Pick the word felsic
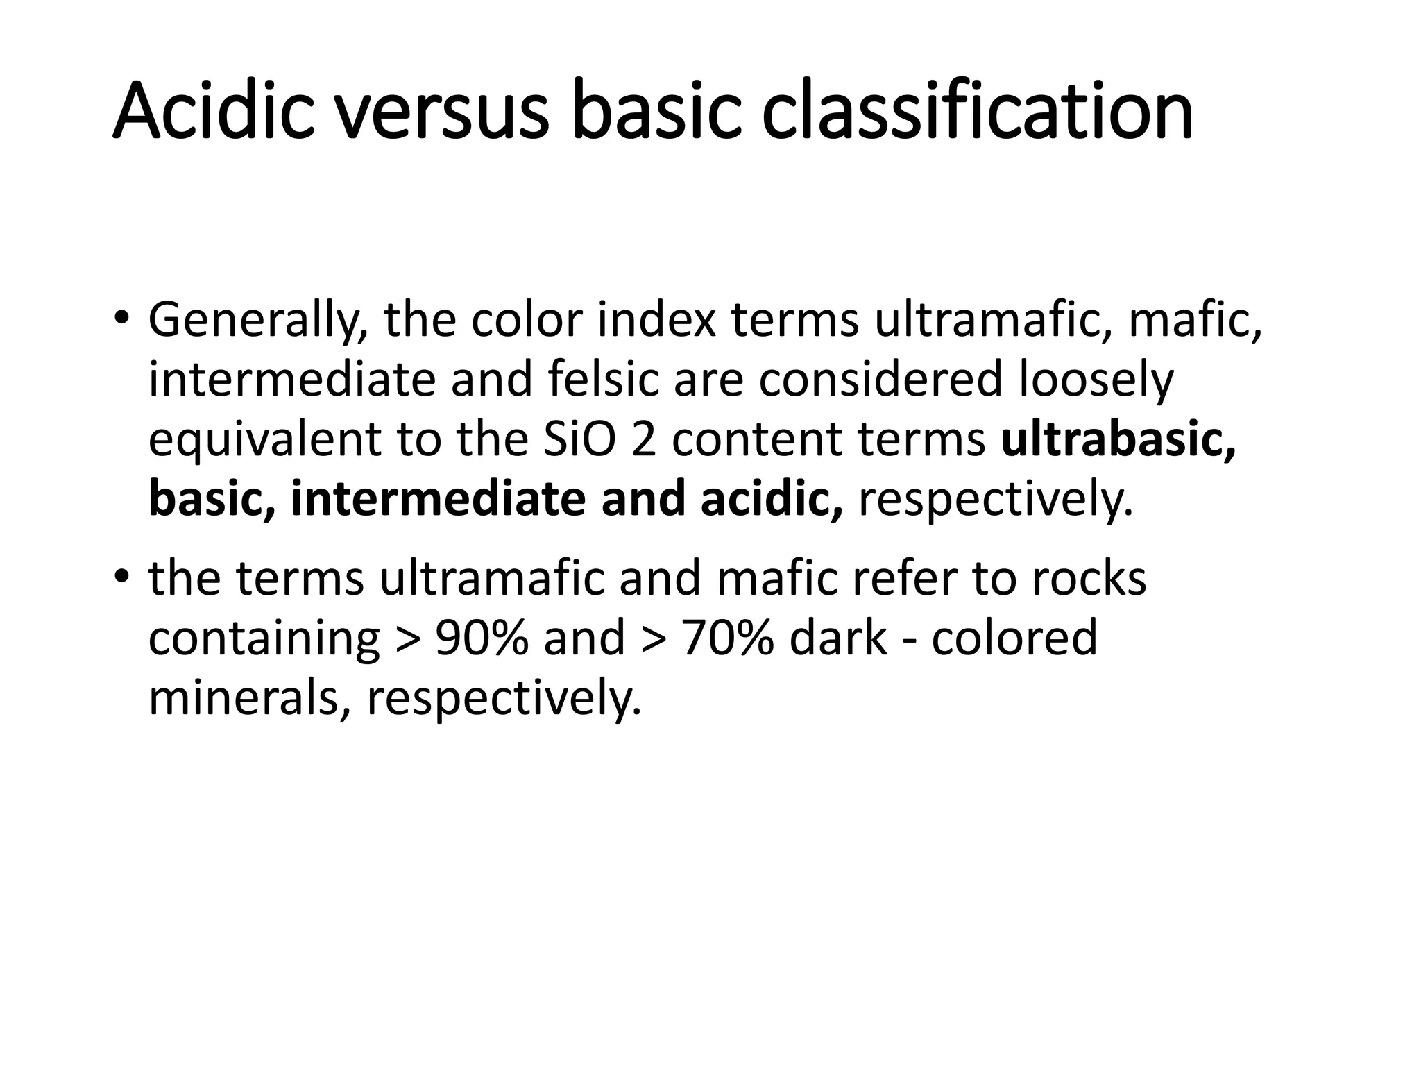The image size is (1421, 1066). (603, 380)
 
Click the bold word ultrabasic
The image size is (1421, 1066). (1118, 440)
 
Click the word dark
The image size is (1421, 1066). (838, 638)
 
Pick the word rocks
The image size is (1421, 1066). (1089, 578)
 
